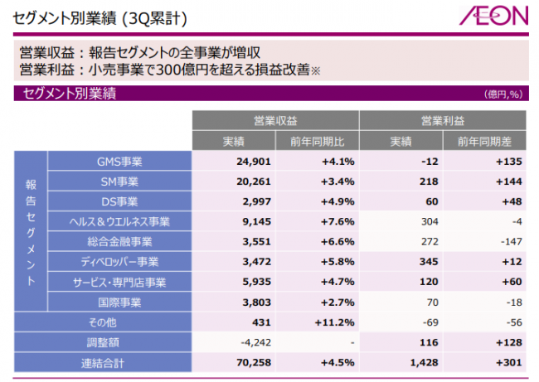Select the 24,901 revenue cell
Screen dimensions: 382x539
pos(243,162)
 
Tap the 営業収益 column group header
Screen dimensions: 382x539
pos(275,120)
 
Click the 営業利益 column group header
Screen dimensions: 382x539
pos(442,120)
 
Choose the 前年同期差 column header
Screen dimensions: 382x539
pos(483,141)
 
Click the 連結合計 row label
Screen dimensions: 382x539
pos(102,361)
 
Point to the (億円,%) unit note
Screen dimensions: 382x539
pos(503,94)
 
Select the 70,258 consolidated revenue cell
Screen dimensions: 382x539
pos(243,361)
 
